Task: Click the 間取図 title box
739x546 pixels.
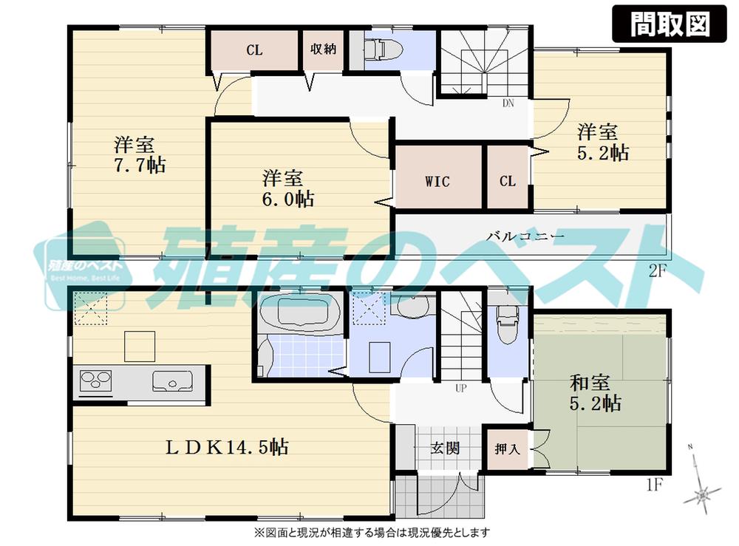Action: [x=670, y=24]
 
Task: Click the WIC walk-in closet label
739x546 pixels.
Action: [x=437, y=181]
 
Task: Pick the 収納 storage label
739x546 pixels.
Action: [x=323, y=50]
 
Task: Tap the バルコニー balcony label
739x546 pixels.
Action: [x=525, y=236]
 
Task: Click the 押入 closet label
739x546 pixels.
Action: [x=507, y=448]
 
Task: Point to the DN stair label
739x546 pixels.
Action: [x=508, y=103]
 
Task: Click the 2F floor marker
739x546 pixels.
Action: [x=658, y=271]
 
